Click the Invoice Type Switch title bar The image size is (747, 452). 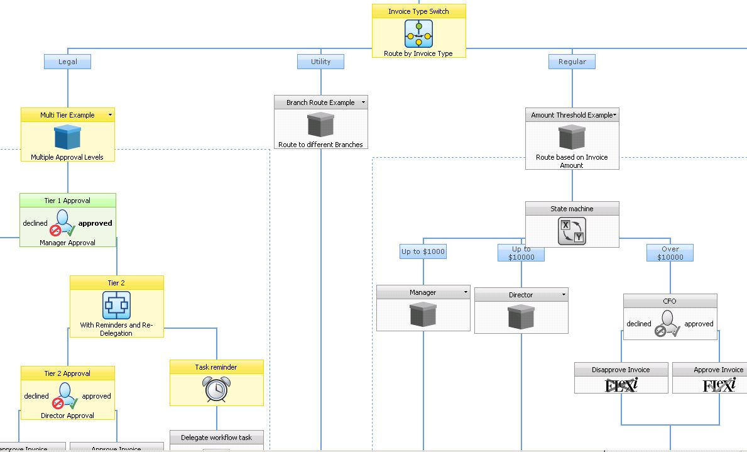[418, 11]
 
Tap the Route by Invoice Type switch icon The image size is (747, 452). [418, 33]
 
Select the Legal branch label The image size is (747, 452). [68, 62]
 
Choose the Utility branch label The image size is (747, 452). [320, 62]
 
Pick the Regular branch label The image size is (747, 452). [572, 62]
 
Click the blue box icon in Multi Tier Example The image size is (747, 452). [68, 137]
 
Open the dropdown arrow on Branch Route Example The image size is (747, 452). [363, 102]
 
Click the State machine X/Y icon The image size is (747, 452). [572, 231]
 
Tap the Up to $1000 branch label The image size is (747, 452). [423, 251]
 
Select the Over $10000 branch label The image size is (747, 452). [670, 253]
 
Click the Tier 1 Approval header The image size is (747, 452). [67, 201]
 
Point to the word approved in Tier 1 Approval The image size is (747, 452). [95, 223]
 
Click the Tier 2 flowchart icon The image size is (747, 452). [116, 306]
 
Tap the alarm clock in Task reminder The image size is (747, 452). [216, 390]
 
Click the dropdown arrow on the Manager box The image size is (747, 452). [466, 292]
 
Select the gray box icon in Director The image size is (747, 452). [521, 317]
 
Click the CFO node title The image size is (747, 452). [670, 301]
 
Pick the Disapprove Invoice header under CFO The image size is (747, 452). [621, 370]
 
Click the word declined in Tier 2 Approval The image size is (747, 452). [36, 396]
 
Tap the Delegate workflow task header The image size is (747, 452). [216, 438]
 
